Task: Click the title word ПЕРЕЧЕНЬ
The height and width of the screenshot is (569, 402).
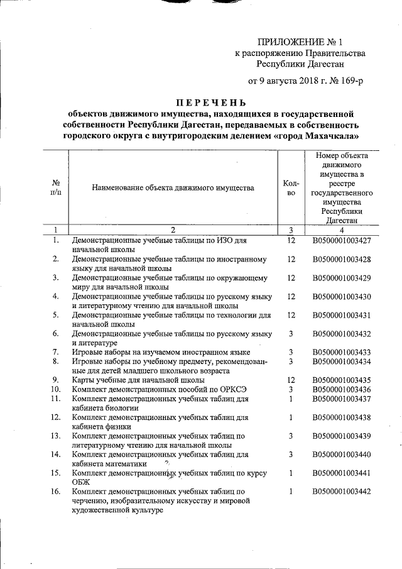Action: (x=210, y=102)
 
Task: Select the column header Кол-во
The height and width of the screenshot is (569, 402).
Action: (x=291, y=187)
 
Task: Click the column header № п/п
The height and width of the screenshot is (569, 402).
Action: (x=56, y=187)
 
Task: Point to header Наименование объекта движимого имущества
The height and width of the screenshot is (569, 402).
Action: (x=173, y=187)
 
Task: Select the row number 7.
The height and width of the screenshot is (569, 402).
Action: (x=56, y=351)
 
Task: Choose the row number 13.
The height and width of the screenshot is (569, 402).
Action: (x=56, y=436)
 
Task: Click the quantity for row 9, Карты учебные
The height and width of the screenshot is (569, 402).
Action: (x=291, y=380)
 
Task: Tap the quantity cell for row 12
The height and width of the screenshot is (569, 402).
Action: (x=291, y=417)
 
